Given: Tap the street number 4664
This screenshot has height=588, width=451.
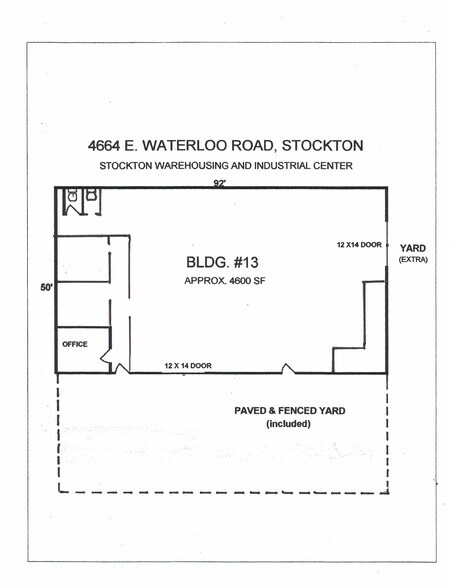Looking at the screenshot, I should tap(105, 146).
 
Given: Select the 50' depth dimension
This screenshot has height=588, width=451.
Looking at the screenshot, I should tap(45, 286).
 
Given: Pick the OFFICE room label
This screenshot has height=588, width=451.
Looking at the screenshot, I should tap(75, 344).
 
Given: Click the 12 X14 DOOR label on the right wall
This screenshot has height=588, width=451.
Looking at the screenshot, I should tap(359, 243).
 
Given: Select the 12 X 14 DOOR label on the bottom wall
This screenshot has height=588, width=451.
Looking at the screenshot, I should tap(188, 366).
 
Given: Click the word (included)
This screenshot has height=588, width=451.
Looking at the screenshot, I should tap(289, 424).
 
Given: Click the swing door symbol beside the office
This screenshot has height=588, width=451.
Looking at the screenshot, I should tap(120, 366).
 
